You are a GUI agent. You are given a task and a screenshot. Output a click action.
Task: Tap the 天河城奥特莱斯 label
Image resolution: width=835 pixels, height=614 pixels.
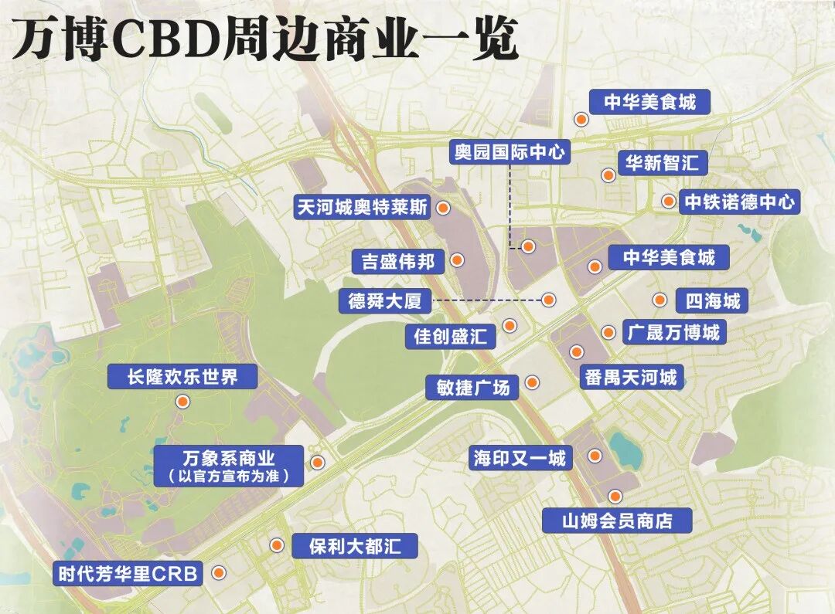pyautogui.click(x=363, y=208)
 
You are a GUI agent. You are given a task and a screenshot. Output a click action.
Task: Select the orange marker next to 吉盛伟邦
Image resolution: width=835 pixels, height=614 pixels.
pyautogui.click(x=458, y=260)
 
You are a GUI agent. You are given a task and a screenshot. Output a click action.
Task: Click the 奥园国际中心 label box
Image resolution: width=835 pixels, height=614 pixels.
pyautogui.click(x=510, y=151)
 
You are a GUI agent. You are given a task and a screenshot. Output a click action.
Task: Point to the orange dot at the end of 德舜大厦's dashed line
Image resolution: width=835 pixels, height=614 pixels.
pyautogui.click(x=548, y=299)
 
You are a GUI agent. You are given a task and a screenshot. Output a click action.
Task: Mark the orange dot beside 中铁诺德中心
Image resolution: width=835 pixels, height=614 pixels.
pyautogui.click(x=668, y=202)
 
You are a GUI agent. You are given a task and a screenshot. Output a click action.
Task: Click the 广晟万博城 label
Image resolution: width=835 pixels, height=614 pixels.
pyautogui.click(x=673, y=332)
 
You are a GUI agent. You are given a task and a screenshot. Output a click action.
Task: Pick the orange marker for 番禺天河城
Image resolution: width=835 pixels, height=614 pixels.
pyautogui.click(x=576, y=351)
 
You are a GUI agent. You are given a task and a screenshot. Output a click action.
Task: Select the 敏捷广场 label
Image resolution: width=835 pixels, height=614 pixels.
pyautogui.click(x=472, y=387)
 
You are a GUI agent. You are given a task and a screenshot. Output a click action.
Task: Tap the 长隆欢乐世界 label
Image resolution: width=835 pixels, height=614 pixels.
pyautogui.click(x=182, y=377)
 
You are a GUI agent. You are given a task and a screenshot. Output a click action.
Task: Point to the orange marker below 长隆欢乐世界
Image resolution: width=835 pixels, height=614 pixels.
pyautogui.click(x=182, y=401)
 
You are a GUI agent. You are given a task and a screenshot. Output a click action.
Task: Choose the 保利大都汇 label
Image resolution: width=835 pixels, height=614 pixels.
pyautogui.click(x=355, y=546)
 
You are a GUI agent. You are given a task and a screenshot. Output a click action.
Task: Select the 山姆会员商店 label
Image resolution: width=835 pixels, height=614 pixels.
pyautogui.click(x=615, y=521)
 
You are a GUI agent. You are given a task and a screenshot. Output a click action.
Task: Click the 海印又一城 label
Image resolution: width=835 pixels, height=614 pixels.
pyautogui.click(x=520, y=458)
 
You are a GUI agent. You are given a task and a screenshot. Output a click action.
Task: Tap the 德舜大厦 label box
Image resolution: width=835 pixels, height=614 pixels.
pyautogui.click(x=384, y=300)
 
